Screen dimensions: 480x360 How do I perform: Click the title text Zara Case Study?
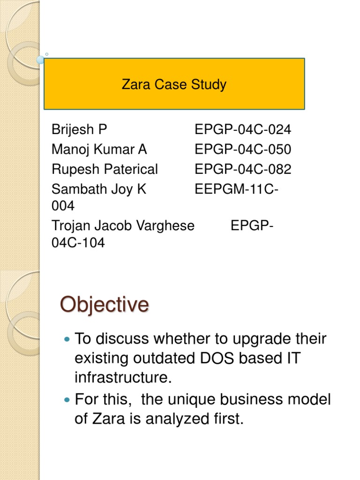click(x=174, y=85)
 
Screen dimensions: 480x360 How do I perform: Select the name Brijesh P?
click(x=80, y=130)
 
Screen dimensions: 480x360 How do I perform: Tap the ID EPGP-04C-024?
click(x=243, y=130)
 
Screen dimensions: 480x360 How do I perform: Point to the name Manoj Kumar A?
click(x=99, y=150)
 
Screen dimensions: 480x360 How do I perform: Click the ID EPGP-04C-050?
click(x=243, y=150)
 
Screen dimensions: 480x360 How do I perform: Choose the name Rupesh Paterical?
click(x=105, y=169)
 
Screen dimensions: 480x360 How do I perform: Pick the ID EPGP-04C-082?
click(x=243, y=169)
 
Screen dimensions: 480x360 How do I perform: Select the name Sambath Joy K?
click(x=99, y=189)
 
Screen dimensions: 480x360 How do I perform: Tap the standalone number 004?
click(x=63, y=206)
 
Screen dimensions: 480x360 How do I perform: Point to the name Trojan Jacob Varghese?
click(x=123, y=225)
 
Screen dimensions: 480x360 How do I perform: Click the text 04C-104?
click(x=78, y=243)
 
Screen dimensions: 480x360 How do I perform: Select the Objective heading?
click(x=104, y=304)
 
